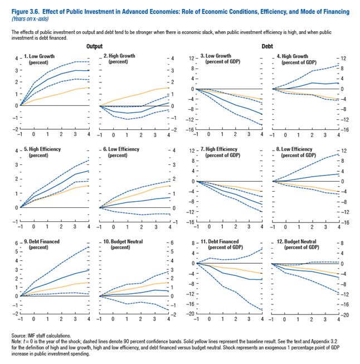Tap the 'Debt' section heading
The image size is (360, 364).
pos(267,46)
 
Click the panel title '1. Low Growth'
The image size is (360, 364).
pos(40,57)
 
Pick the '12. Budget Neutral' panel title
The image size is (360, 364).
pos(301,242)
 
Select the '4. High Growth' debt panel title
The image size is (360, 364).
pos(296,57)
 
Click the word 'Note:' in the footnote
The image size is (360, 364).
pos(17,342)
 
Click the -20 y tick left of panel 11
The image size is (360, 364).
pos(191,314)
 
